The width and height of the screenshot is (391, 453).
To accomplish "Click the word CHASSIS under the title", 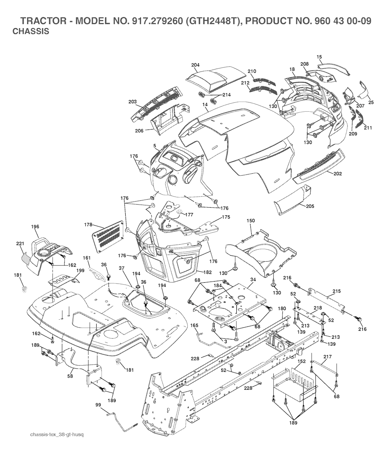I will [31, 31].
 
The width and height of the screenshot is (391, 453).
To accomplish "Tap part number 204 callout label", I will [195, 65].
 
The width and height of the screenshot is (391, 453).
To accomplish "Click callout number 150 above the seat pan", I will [250, 221].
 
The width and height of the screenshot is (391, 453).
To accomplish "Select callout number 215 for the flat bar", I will [336, 291].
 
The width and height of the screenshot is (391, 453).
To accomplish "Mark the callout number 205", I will [310, 206].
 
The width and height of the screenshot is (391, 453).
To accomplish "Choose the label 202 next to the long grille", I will [338, 174].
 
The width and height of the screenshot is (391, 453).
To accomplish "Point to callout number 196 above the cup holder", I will [35, 227].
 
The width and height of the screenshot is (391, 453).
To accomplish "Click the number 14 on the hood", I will [205, 104].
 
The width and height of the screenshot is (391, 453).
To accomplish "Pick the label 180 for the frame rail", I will [281, 308].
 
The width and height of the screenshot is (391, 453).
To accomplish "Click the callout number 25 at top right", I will [371, 102].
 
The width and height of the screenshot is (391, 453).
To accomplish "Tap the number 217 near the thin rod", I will [328, 357].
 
